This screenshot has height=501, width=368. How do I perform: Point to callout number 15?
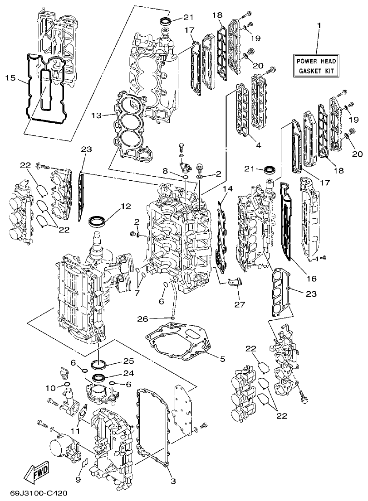point(10,78)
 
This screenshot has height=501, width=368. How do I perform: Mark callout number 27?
point(239,305)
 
